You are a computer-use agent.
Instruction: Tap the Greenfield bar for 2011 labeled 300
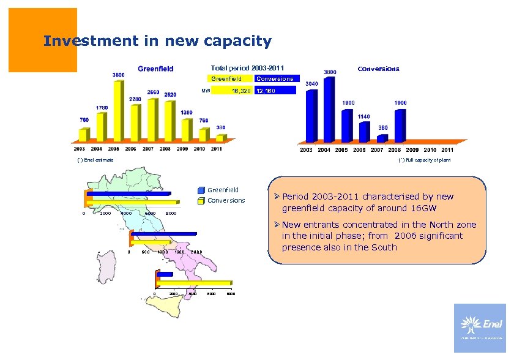pyautogui.click(x=220, y=138)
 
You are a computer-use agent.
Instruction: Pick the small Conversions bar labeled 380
pyautogui.click(x=382, y=138)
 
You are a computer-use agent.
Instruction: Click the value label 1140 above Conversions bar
pyautogui.click(x=363, y=116)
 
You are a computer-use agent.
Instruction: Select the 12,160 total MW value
pyautogui.click(x=266, y=91)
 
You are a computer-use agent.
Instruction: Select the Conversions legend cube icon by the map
pyautogui.click(x=201, y=201)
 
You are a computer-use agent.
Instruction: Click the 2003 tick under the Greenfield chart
pyautogui.click(x=80, y=149)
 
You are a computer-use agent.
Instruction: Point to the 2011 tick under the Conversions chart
pyautogui.click(x=447, y=150)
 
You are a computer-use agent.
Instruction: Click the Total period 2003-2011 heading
pyautogui.click(x=247, y=67)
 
